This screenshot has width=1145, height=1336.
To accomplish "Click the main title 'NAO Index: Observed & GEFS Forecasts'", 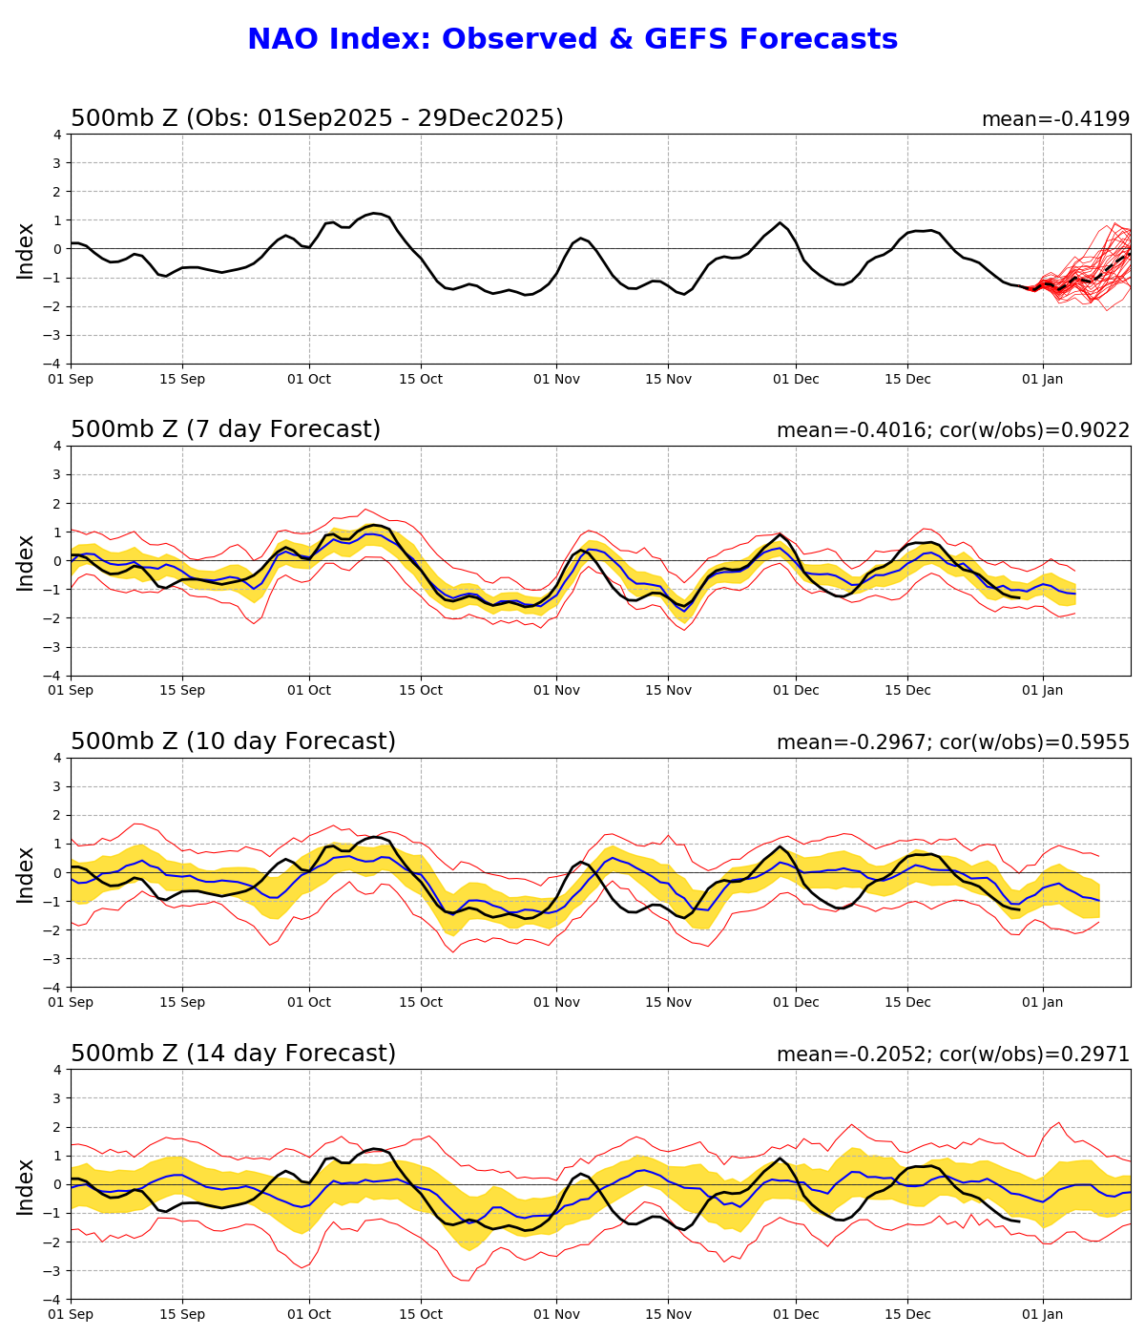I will point(572,40).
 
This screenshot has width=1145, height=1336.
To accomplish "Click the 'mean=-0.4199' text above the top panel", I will point(1055,119).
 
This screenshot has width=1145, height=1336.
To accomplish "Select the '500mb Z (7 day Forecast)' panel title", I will point(225,430).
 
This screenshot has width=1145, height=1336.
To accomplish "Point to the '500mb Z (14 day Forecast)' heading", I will point(233,1054).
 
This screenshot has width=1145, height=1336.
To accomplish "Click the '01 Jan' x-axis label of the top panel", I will point(1043,379).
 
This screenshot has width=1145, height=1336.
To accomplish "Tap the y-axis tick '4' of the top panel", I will point(57,135).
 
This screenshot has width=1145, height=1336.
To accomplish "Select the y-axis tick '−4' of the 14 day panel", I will point(53,1300).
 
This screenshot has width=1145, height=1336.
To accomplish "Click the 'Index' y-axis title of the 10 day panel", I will point(26,873).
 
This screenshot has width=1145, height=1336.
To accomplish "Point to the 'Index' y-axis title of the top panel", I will point(26,250).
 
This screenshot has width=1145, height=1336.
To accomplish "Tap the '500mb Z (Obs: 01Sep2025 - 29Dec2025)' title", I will point(317,119).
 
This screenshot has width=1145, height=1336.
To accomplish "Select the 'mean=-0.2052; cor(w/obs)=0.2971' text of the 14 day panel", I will point(952,1054).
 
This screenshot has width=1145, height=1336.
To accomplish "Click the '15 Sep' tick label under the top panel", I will point(182,379).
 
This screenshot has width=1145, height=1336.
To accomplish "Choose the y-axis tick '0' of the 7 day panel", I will point(57,561).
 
